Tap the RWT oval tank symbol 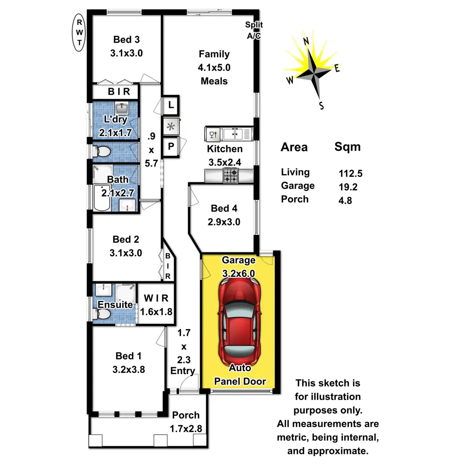click(x=79, y=32)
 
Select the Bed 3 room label click(x=126, y=40)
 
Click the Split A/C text click(x=254, y=30)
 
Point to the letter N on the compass click(x=306, y=41)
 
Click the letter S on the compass click(x=321, y=105)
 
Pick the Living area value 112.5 click(x=350, y=174)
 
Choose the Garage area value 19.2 click(x=348, y=187)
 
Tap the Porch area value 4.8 click(x=345, y=201)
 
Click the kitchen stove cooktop click(x=230, y=176)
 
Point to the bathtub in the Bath click(x=102, y=197)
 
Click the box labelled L click(x=171, y=105)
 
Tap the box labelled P click(x=171, y=147)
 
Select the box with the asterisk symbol click(x=171, y=126)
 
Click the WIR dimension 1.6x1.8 click(x=156, y=312)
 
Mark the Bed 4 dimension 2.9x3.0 click(x=224, y=222)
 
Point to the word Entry click(x=183, y=371)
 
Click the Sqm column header click(x=347, y=147)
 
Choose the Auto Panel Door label click(x=240, y=375)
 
